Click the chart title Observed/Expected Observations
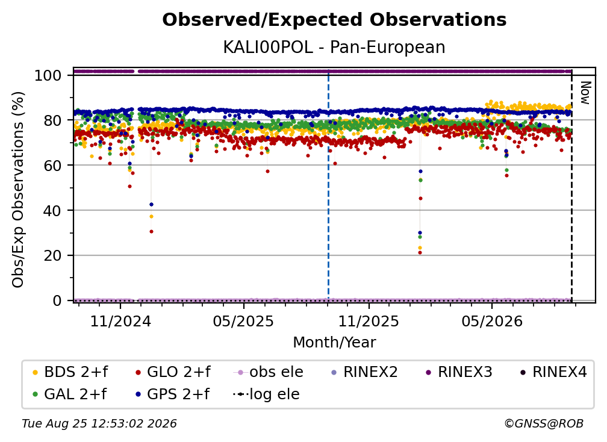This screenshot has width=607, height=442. click(334, 20)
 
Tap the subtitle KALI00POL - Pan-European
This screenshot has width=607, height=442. click(334, 47)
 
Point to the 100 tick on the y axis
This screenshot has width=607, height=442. click(48, 75)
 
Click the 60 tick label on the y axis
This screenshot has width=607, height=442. click(52, 166)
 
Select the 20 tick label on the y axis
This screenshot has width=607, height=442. click(52, 256)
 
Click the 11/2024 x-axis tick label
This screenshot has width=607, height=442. click(120, 321)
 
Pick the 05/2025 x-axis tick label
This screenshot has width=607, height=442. click(243, 321)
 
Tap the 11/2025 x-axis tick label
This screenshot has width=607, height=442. click(369, 321)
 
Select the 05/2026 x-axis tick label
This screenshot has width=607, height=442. click(492, 321)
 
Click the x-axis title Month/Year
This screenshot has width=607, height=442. click(334, 343)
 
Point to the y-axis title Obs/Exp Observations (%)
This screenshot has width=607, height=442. click(18, 190)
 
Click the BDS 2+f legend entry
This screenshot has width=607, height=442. click(70, 372)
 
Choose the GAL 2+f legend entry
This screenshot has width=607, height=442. click(69, 394)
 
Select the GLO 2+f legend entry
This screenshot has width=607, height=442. click(173, 372)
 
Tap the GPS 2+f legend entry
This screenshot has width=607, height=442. click(172, 394)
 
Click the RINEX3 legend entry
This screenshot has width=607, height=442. click(459, 372)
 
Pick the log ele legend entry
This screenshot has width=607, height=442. click(266, 394)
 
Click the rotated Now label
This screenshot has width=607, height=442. click(585, 93)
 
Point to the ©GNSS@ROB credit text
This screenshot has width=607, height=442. click(544, 424)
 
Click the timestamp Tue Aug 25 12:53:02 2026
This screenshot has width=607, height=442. click(99, 424)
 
